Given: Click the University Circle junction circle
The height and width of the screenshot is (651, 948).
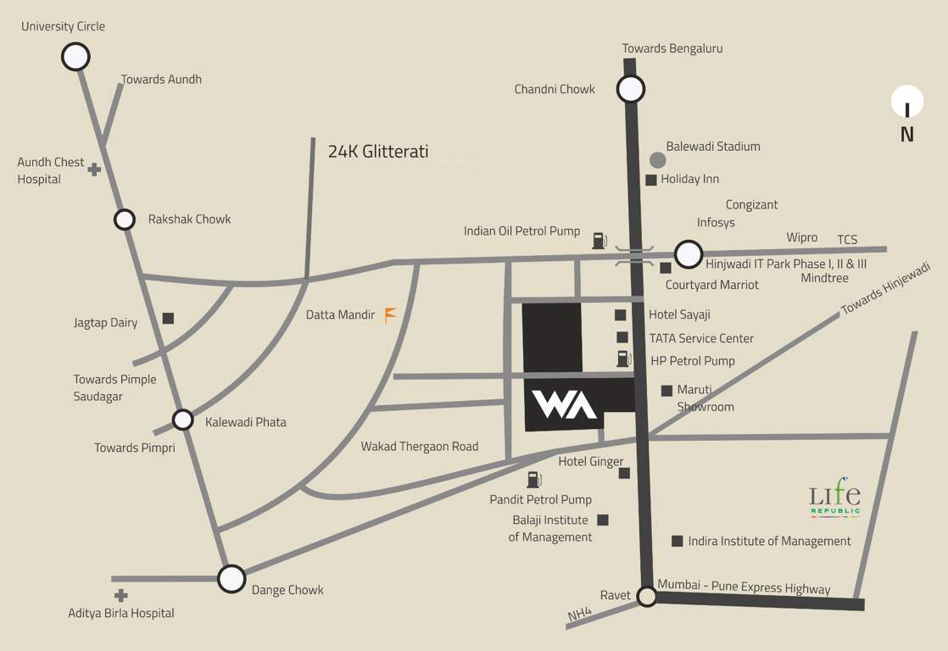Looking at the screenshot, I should [75, 57].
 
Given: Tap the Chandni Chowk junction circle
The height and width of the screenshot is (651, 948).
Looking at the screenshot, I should [631, 88].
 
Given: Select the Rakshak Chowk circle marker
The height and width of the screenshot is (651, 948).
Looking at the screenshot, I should [125, 220].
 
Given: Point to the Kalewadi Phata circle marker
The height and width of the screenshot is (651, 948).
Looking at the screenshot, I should [183, 420].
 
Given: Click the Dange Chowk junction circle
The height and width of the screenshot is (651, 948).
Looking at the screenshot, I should [231, 579].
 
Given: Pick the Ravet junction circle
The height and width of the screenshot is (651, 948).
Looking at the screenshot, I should [647, 597].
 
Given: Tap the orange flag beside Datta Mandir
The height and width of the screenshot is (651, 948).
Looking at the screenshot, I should [390, 315].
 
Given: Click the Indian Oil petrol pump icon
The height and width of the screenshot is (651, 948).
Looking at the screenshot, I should [599, 240].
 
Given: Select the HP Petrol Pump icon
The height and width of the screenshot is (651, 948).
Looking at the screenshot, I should [624, 359].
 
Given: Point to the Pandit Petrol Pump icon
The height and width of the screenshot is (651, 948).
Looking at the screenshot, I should [534, 480].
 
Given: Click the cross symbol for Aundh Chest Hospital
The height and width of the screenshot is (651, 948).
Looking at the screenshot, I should [94, 170].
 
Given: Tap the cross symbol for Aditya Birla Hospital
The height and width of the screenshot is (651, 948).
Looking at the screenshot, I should [121, 596].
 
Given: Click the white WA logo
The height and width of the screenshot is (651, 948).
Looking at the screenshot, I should [564, 404].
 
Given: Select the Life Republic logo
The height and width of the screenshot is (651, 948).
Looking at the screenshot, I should [835, 500].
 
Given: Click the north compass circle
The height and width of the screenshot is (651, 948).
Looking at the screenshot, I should [907, 103].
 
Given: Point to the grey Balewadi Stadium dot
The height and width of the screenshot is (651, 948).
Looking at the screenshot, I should [657, 159].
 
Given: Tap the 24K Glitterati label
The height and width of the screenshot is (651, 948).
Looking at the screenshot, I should [378, 152].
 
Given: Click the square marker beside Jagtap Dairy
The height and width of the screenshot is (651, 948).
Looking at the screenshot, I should [168, 318].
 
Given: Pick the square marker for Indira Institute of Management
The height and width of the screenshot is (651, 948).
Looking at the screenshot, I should [677, 541].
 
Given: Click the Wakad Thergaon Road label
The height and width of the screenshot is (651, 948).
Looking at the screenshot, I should [420, 446].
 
